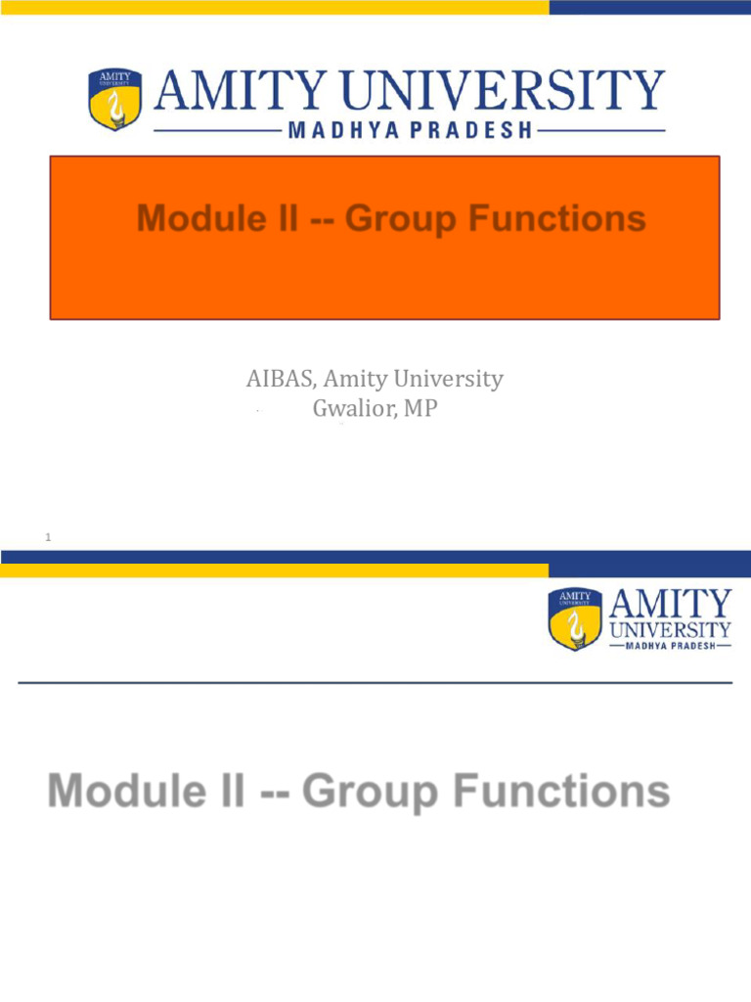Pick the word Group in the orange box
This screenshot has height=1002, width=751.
point(400,218)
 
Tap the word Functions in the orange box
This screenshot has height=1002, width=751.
point(555,218)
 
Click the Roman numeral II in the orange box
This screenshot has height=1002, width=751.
point(281,218)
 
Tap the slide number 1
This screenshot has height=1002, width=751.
point(48,538)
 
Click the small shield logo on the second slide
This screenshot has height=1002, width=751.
point(575,620)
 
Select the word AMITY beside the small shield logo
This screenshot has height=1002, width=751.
point(670,604)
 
